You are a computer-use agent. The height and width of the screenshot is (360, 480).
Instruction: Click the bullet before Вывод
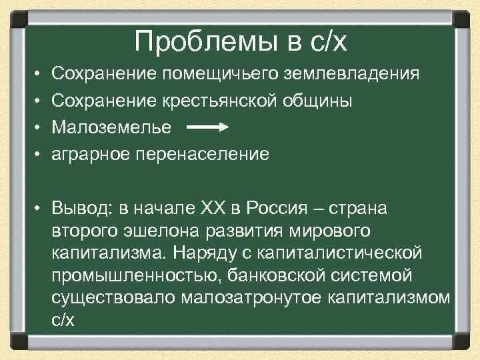coord(40,209)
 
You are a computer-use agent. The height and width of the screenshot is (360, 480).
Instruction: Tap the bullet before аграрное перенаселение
coord(40,154)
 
